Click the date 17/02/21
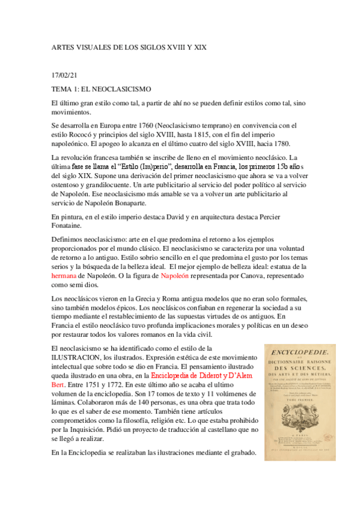(65, 75)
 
